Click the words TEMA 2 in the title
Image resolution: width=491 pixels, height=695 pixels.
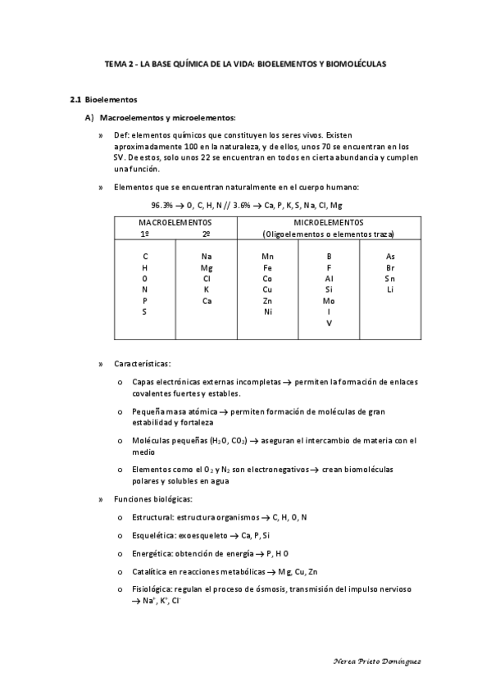(x=120, y=62)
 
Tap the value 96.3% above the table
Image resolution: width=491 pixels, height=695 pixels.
(x=162, y=205)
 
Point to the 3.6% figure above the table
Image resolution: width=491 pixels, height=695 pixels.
(x=245, y=205)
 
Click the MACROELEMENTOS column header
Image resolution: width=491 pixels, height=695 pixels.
(x=175, y=223)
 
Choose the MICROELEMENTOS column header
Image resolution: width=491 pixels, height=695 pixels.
(x=328, y=223)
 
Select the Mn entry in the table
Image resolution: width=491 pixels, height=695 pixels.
(x=267, y=257)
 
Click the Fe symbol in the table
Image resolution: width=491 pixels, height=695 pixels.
(x=267, y=268)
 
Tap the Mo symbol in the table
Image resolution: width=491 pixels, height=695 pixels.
(x=329, y=301)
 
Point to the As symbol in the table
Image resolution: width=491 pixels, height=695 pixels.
(x=390, y=257)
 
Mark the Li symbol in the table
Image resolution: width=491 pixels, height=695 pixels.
(x=390, y=289)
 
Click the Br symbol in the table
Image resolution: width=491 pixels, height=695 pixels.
(x=390, y=268)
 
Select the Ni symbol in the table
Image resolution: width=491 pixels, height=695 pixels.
(x=267, y=311)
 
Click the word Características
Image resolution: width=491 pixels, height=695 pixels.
(x=143, y=363)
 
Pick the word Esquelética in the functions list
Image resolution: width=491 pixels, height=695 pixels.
(x=152, y=535)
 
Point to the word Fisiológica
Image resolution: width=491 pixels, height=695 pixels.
(x=151, y=590)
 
